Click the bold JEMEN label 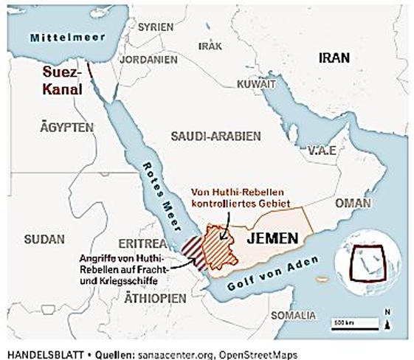(272, 239)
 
